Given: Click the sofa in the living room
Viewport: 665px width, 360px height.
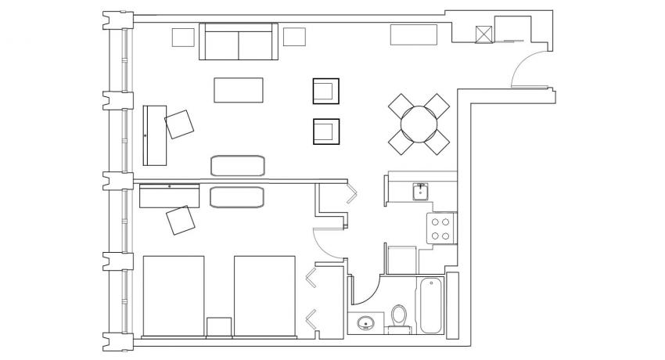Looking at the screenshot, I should click(239, 41).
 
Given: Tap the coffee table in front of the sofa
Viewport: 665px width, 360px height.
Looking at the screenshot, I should click(239, 89).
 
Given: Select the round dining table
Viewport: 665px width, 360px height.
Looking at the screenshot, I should click(419, 124).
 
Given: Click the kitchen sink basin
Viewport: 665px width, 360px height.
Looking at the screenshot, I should click(420, 190).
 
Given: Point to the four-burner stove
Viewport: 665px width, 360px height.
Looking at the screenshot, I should click(440, 228).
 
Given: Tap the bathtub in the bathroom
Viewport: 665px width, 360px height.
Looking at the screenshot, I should click(430, 306).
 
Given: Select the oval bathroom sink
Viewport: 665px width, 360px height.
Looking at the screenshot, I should click(365, 322).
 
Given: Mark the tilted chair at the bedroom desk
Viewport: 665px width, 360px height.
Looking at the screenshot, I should click(181, 220).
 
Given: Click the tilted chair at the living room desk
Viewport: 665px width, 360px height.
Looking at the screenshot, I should click(179, 124).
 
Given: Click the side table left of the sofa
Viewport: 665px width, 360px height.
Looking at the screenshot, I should click(182, 37).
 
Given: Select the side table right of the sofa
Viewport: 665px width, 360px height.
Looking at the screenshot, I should click(294, 36).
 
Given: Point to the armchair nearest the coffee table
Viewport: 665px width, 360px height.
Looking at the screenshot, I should click(325, 91).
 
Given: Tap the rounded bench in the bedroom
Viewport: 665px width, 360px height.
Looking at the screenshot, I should click(239, 196).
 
